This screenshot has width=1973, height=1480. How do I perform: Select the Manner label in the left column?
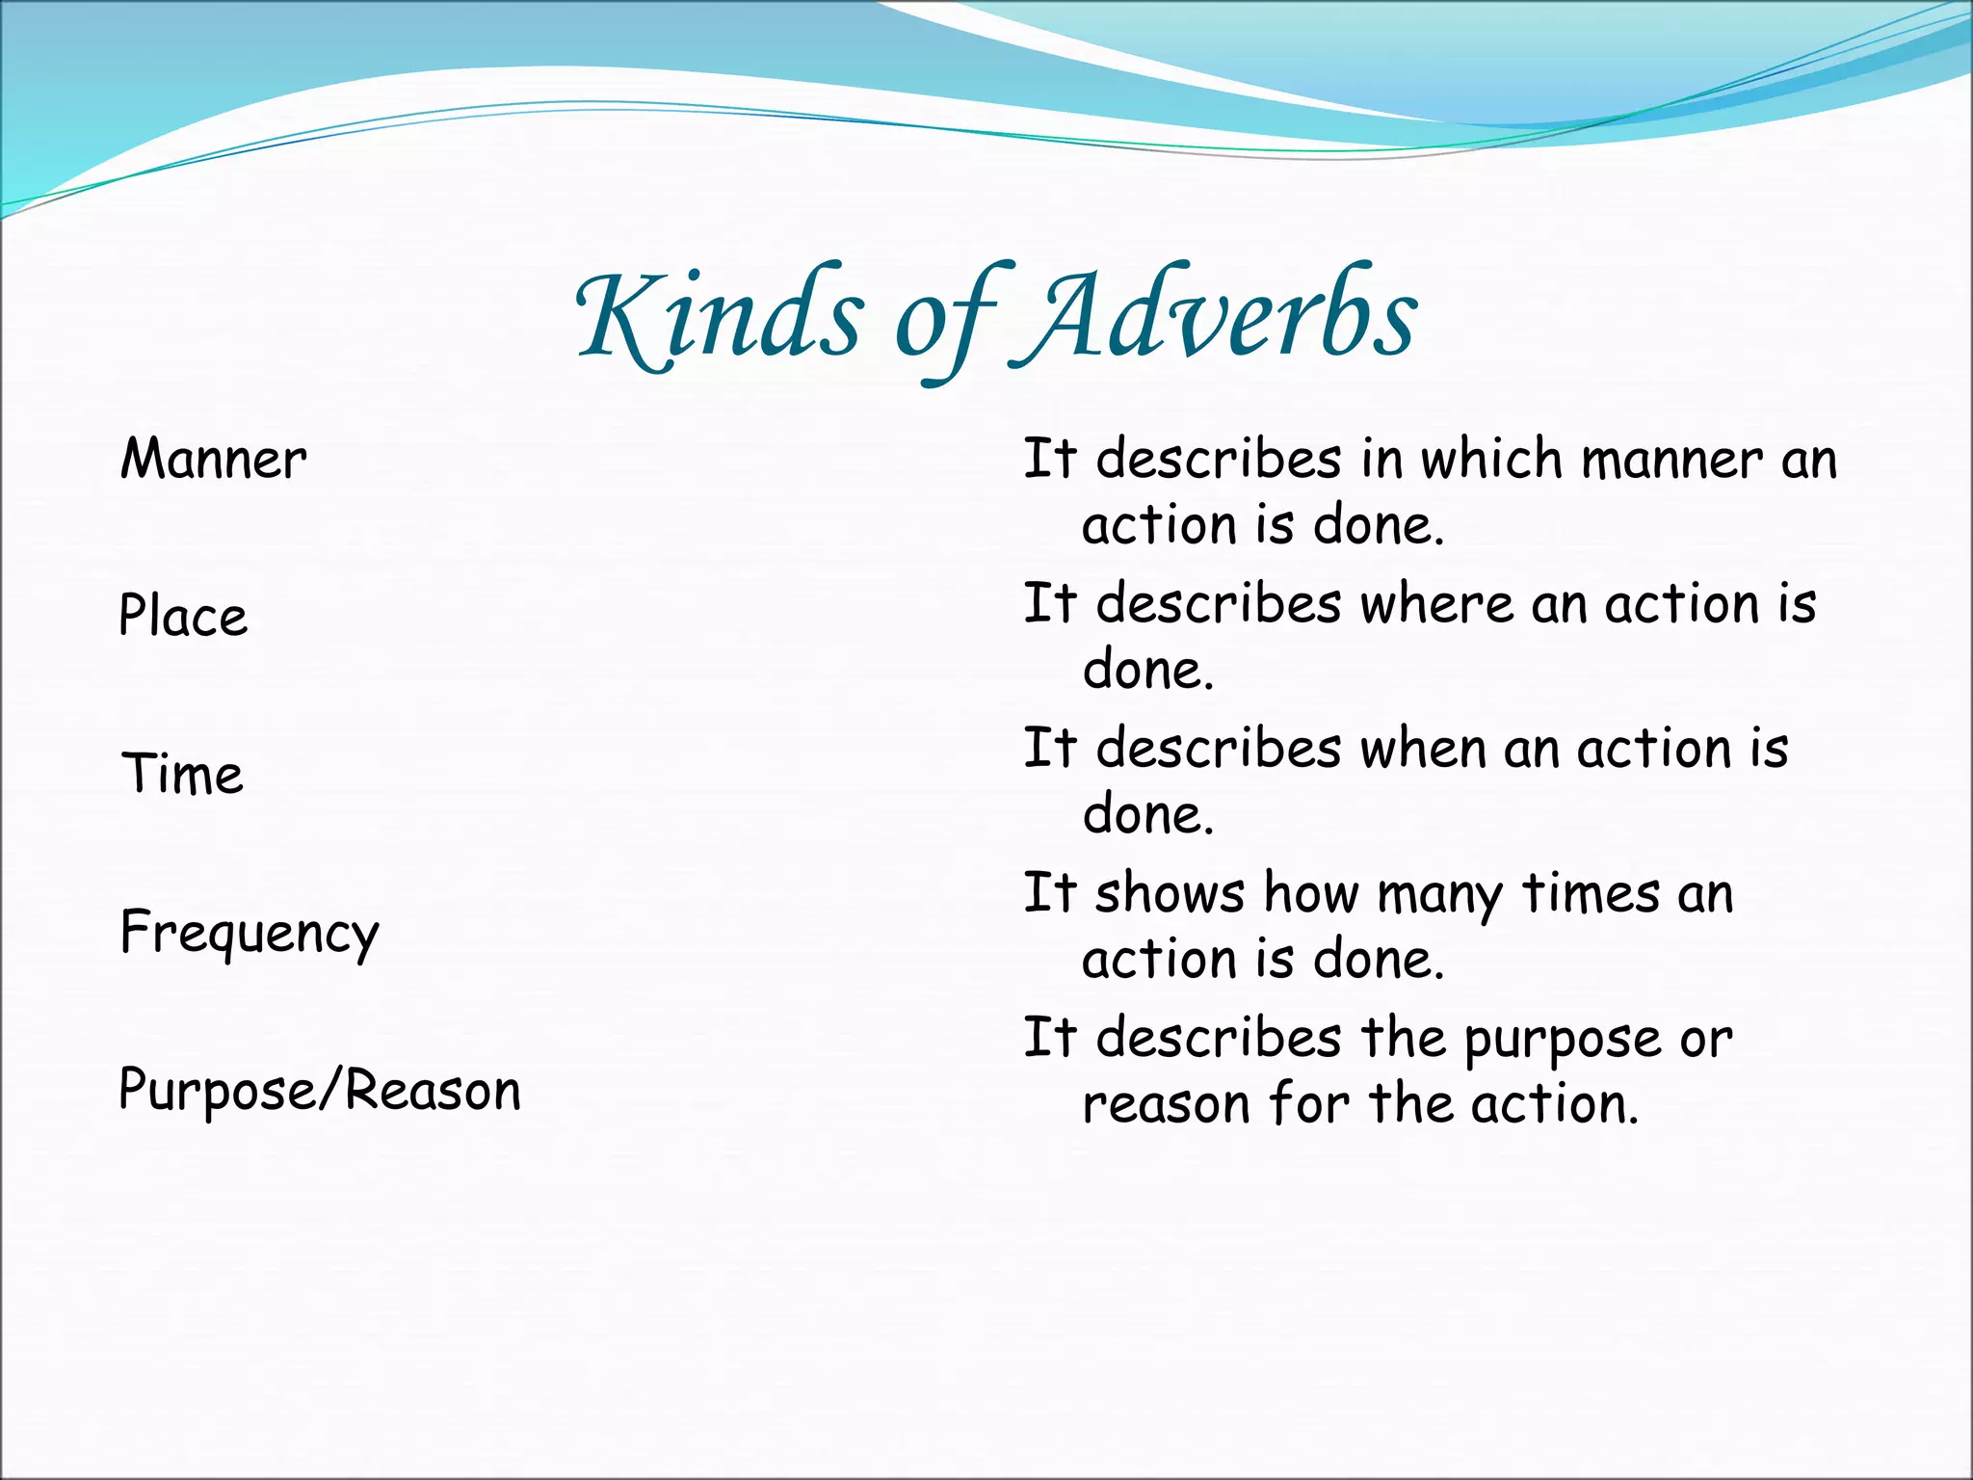pos(213,460)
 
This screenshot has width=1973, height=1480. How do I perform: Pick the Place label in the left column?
pos(183,617)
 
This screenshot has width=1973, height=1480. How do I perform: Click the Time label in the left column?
pos(182,775)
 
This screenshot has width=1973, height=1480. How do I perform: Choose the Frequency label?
pos(250,933)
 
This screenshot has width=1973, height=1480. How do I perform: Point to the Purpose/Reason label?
pos(320,1091)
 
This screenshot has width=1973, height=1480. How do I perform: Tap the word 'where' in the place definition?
pos(1436,604)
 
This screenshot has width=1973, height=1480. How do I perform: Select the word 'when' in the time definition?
pos(1422,749)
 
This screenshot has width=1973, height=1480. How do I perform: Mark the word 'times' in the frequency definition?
pos(1591,893)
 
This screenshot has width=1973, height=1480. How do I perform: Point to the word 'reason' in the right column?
pos(1165,1104)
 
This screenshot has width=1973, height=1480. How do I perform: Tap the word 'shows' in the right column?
pos(1170,893)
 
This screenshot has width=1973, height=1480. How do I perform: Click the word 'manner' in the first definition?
pos(1671,461)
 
